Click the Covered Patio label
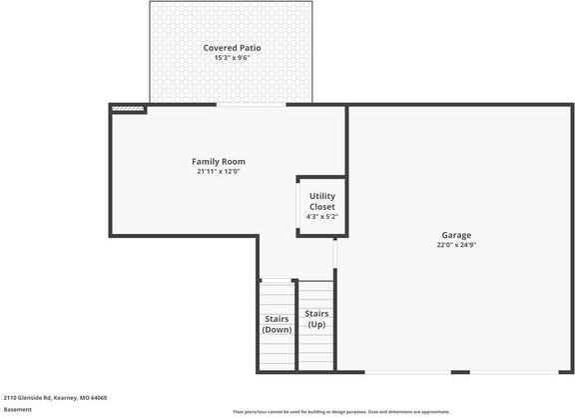[x=231, y=47]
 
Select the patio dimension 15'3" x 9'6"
[x=231, y=58]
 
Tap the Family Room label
[x=219, y=161]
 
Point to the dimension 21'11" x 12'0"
[x=219, y=172]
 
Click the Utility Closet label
[x=321, y=201]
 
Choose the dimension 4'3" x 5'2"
[x=321, y=217]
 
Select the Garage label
[x=456, y=235]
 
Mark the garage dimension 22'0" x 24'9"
[x=456, y=245]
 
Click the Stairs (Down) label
[x=277, y=324]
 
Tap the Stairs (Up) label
[x=316, y=319]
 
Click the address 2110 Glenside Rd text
[x=30, y=397]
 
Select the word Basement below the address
[x=17, y=409]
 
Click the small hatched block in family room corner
[x=127, y=108]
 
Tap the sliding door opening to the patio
[x=250, y=104]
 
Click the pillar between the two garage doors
[x=460, y=373]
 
